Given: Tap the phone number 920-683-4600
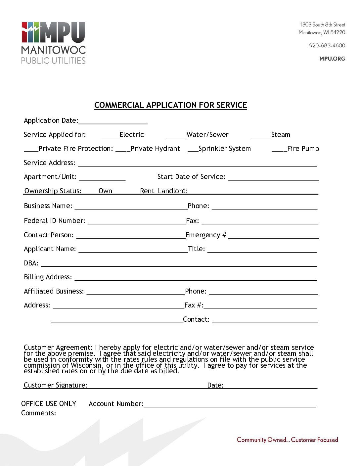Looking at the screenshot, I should (327, 46).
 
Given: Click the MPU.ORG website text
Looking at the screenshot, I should (332, 59).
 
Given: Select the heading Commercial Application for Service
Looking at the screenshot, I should (170, 105).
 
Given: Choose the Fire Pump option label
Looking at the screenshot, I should (303, 149).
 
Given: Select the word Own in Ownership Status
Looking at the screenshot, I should (105, 191).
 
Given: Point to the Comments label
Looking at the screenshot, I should (38, 413).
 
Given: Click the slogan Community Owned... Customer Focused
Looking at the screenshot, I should (287, 440).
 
